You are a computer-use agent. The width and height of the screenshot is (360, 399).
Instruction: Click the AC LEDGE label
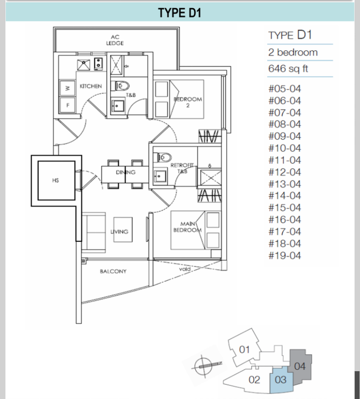115,40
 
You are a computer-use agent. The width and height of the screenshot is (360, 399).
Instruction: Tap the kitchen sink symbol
83,65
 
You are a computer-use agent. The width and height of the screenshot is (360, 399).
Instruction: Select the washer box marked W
67,88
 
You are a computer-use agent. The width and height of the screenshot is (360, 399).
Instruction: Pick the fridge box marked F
67,105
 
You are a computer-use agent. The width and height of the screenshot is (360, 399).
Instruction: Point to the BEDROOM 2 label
188,102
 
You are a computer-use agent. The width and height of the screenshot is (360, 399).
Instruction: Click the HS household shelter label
56,180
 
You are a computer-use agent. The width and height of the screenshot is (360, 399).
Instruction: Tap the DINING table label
125,172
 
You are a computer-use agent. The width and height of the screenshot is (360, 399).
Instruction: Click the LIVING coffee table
123,230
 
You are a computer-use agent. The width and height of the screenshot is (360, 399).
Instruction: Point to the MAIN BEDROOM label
188,227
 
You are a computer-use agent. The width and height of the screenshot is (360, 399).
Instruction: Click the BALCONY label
113,271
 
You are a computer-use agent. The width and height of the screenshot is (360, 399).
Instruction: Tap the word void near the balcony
185,269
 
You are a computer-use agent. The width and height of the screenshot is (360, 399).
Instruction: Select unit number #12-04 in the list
285,172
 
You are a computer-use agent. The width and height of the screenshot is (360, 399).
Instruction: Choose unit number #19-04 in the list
285,256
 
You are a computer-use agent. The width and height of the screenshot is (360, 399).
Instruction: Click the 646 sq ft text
288,68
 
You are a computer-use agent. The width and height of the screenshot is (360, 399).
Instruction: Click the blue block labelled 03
281,379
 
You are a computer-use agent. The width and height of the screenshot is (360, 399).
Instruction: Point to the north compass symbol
204,366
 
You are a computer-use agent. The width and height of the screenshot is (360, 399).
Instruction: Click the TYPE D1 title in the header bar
180,13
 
